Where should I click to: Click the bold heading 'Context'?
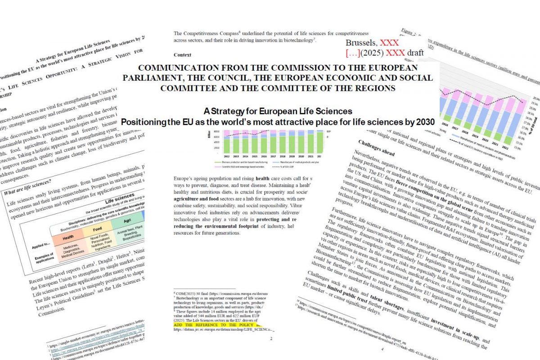coord(182,55)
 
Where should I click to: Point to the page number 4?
coord(382,349)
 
